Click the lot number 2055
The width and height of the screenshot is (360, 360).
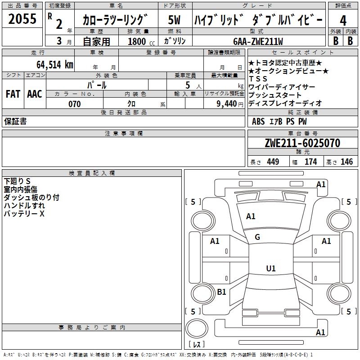point(22,18)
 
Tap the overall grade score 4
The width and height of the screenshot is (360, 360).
point(343,20)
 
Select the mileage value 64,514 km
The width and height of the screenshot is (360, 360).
point(55,64)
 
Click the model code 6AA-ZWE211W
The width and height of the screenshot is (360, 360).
point(258,41)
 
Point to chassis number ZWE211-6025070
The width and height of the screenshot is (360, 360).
point(302,143)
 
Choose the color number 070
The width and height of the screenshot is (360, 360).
point(75,104)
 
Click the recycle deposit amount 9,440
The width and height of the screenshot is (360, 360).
point(227,104)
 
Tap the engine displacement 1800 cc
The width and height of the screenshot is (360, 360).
point(141,41)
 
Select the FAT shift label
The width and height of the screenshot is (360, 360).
point(13,94)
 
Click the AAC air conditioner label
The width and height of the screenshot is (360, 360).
point(35,94)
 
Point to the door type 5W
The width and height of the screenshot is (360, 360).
point(174,20)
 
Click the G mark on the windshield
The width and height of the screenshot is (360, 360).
point(257,237)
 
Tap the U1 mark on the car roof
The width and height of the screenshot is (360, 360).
point(271,268)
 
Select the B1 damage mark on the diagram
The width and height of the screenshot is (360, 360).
point(221,292)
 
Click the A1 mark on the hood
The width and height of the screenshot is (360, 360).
point(251,216)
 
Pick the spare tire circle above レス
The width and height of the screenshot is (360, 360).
point(197,328)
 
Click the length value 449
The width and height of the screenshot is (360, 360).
point(273,162)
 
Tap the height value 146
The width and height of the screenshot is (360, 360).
point(346,162)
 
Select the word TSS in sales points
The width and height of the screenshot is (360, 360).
point(258,79)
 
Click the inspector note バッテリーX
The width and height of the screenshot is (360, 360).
point(24,214)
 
